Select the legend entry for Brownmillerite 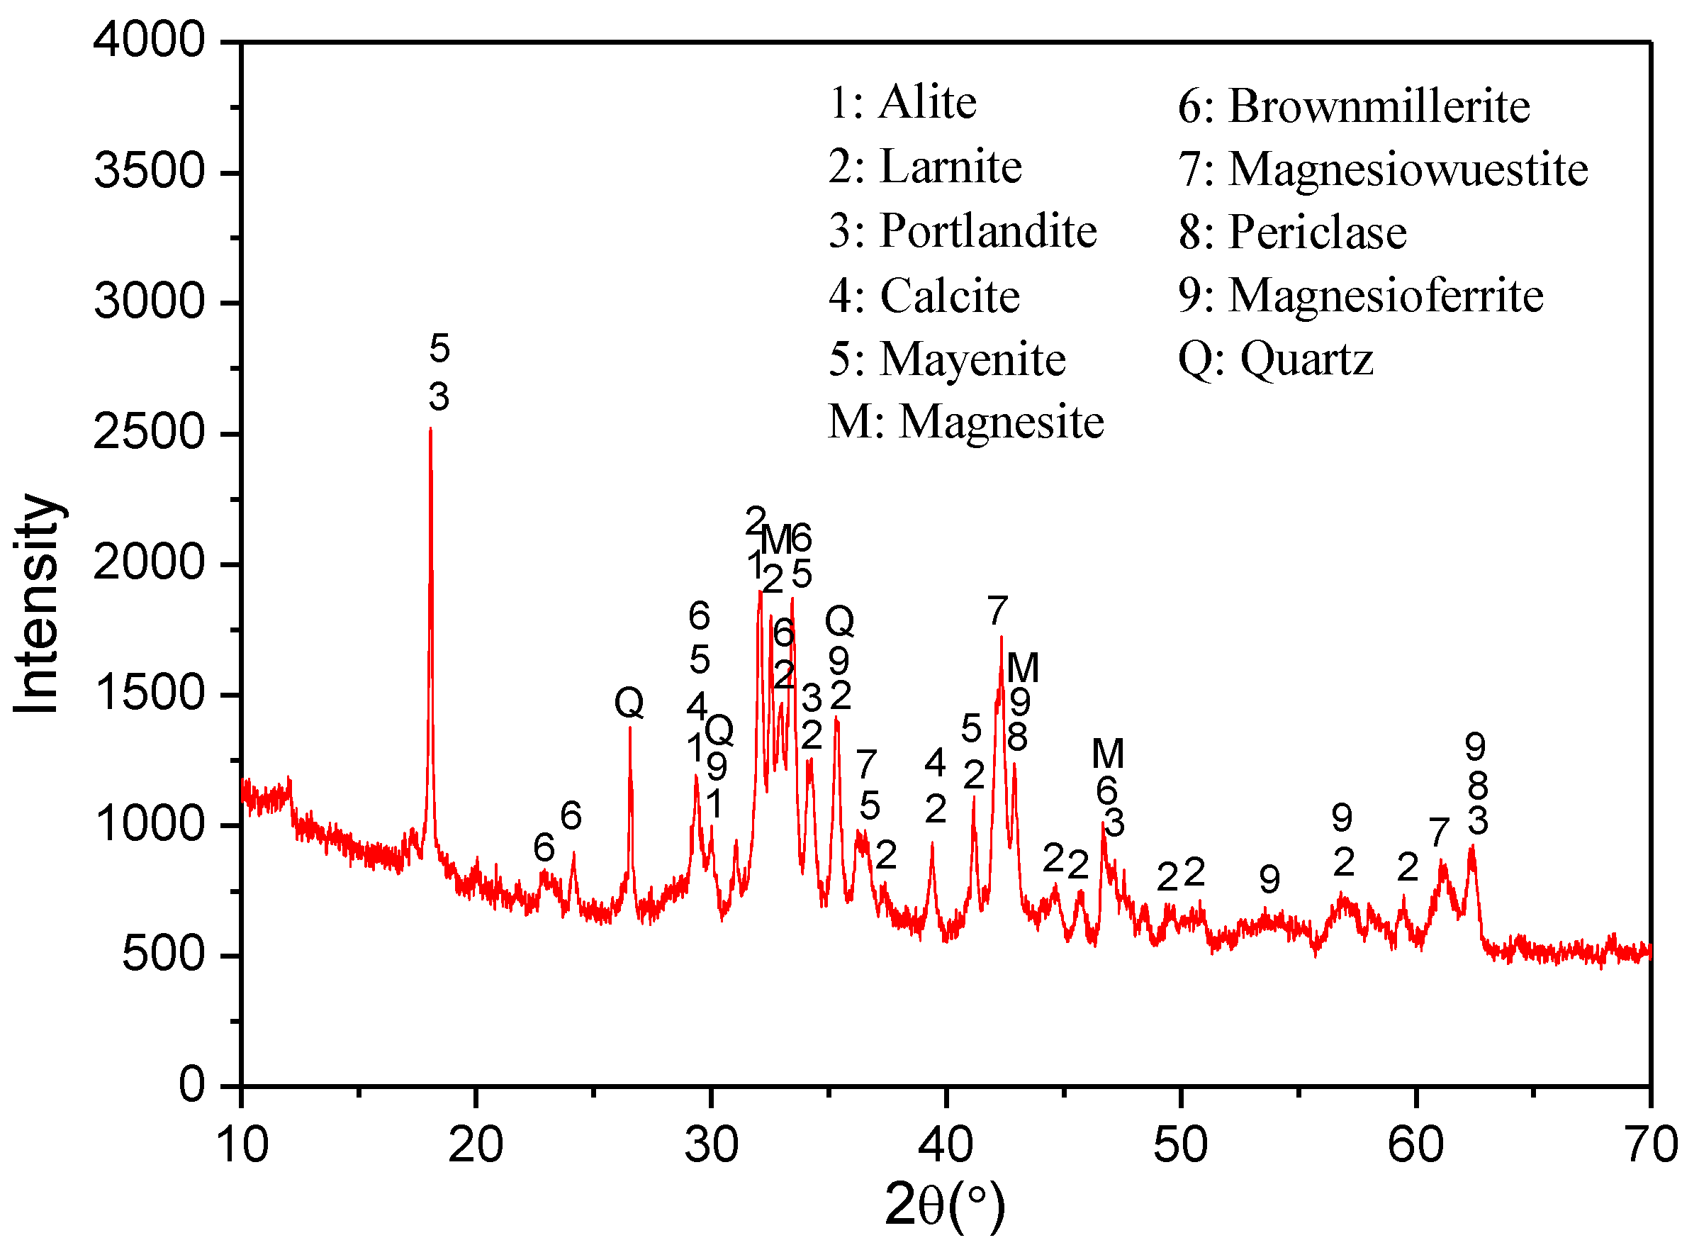pos(1353,106)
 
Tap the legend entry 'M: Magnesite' pos(966,421)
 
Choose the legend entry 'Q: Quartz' pos(1275,359)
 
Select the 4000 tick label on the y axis pos(149,40)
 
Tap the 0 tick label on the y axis pos(191,1085)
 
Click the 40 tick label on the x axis pos(946,1145)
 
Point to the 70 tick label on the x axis pos(1651,1145)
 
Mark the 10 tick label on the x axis pos(242,1145)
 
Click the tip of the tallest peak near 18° pos(430,429)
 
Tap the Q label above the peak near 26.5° pos(629,703)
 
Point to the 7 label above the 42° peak pos(997,610)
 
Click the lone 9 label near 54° pos(1269,879)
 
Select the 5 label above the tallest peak pos(439,349)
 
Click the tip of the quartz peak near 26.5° pos(629,728)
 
